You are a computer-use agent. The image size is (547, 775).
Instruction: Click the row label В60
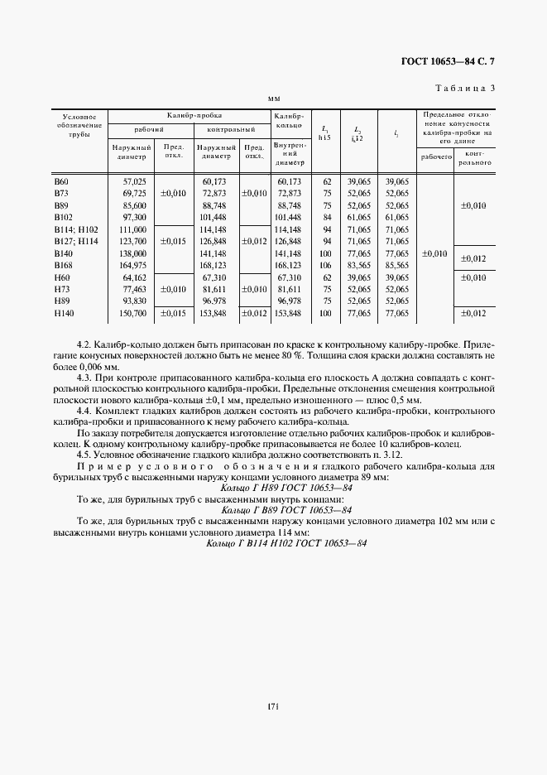pos(61,181)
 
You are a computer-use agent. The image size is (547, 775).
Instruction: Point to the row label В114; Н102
pos(75,229)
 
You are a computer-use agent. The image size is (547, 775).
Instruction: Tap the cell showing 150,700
pos(133,314)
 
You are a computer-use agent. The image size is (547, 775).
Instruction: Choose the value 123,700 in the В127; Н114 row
pos(133,241)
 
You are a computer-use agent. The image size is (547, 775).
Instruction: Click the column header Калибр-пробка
pos(190,116)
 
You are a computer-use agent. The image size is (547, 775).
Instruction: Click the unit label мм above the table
pos(275,99)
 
